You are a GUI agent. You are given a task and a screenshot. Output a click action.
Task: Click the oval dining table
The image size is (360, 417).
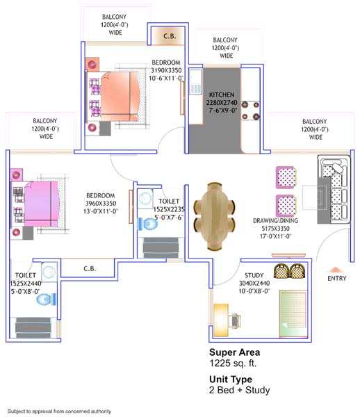pos(214,216)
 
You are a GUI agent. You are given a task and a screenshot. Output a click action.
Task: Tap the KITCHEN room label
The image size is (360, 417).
pos(222,95)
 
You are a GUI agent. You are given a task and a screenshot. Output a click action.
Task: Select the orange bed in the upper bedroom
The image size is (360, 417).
pos(120,96)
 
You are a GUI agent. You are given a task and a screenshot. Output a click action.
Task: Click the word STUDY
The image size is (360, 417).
pos(254,275)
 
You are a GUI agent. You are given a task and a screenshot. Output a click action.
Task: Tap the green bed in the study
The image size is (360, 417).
pos(293,314)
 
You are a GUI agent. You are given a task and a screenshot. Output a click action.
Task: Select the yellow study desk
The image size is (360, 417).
pos(221,320)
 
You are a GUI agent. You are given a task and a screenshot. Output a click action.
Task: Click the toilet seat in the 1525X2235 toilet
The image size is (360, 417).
pos(148,224)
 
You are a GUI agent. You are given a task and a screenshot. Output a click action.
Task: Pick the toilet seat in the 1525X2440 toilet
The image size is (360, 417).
pos(47,299)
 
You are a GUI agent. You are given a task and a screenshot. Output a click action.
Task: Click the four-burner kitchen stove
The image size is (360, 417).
pos(250,111)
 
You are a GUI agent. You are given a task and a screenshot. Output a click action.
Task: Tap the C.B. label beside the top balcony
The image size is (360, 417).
pos(170,36)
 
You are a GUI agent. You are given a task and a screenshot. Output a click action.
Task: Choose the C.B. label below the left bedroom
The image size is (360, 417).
pos(90,268)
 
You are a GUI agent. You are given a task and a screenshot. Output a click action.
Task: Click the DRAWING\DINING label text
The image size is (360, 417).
pos(275,220)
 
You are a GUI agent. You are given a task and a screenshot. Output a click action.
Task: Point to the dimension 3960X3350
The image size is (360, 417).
pos(101,204)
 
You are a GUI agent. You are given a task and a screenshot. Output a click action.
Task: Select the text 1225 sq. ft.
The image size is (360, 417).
pos(233,363)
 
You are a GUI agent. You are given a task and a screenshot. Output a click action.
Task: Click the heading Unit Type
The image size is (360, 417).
pos(231,379)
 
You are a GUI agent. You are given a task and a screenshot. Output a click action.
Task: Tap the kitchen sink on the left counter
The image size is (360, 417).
pos(196,88)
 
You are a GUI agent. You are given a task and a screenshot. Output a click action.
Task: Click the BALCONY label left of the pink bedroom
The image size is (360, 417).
pos(45,121)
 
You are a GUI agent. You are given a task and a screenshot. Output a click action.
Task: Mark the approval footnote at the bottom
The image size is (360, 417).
pos(59,411)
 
